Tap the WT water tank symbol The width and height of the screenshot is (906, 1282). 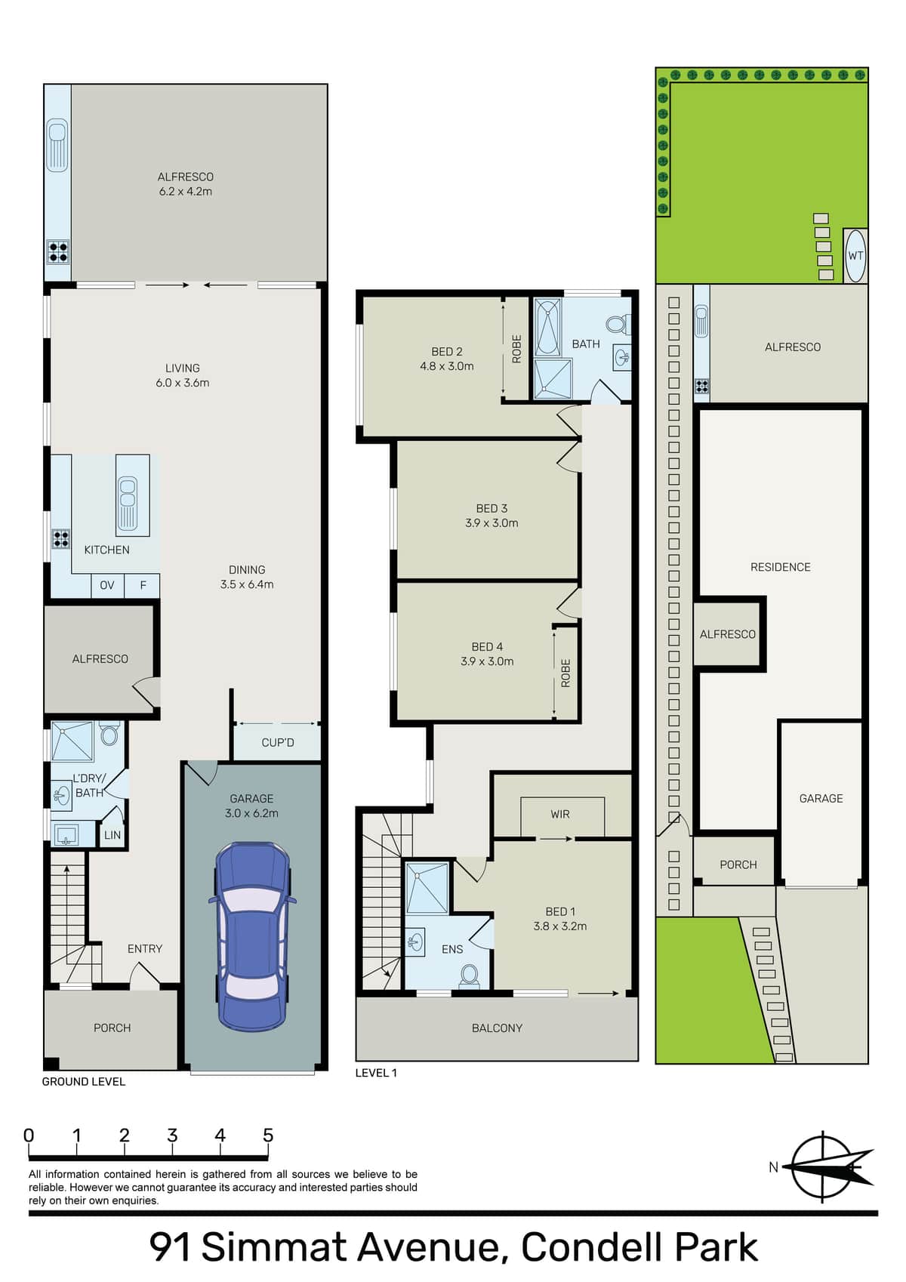pyautogui.click(x=855, y=256)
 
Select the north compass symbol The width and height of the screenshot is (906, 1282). pyautogui.click(x=827, y=1167)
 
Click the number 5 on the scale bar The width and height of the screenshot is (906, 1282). pyautogui.click(x=268, y=1136)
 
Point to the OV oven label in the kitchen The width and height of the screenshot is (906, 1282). pyautogui.click(x=107, y=585)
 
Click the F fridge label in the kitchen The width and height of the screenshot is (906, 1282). pyautogui.click(x=143, y=585)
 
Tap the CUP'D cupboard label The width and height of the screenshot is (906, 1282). pyautogui.click(x=278, y=742)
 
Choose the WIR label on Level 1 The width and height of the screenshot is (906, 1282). pyautogui.click(x=559, y=814)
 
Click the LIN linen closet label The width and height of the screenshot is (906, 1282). pyautogui.click(x=112, y=835)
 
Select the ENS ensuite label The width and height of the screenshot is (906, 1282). pyautogui.click(x=452, y=950)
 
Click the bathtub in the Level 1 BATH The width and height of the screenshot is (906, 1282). pyautogui.click(x=547, y=327)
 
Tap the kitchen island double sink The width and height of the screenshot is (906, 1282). pyautogui.click(x=127, y=503)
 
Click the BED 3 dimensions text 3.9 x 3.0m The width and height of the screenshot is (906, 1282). pyautogui.click(x=492, y=522)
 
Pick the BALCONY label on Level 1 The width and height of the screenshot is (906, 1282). pyautogui.click(x=497, y=1028)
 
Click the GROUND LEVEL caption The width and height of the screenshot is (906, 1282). pyautogui.click(x=84, y=1082)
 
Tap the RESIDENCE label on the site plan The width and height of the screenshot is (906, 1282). pyautogui.click(x=780, y=567)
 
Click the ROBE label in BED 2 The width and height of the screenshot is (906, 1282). pyautogui.click(x=517, y=349)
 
